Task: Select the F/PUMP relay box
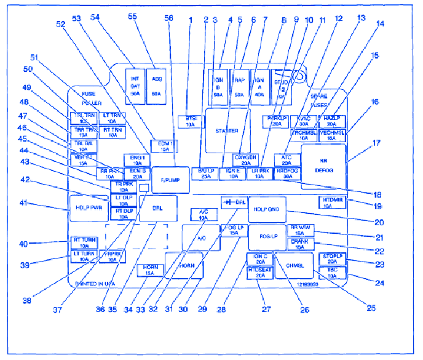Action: [172, 179]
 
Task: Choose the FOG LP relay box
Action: [267, 237]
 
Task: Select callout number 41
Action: [24, 204]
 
